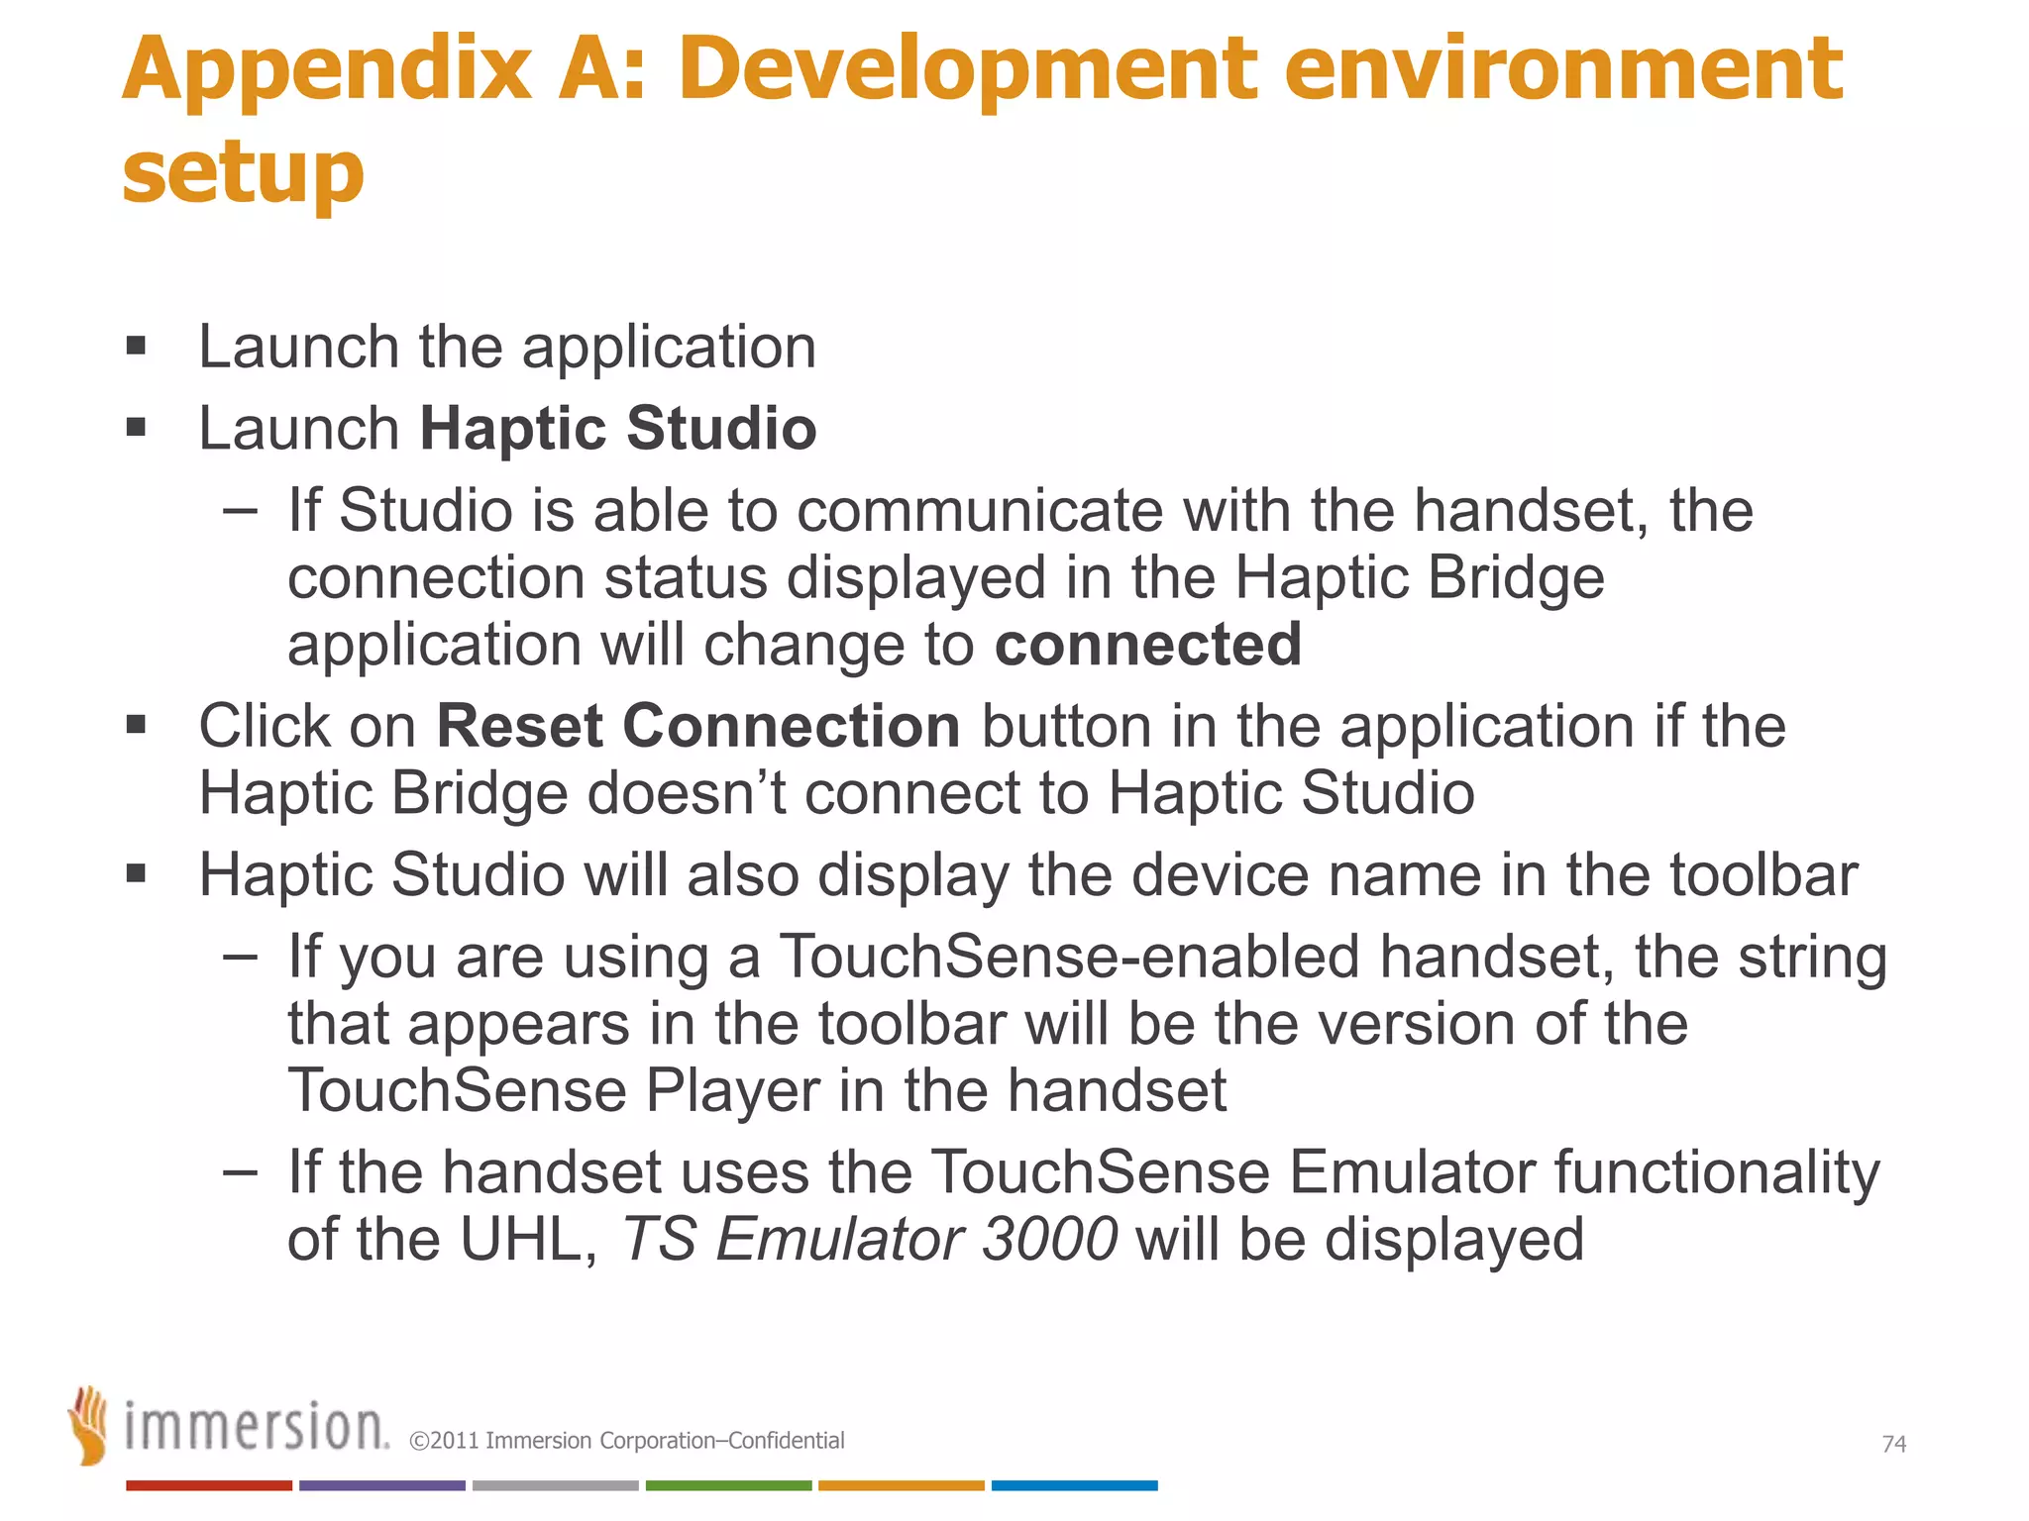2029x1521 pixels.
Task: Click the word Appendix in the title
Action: [x=327, y=71]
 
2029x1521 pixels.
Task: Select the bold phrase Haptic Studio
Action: [x=618, y=428]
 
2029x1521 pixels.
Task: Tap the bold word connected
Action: [x=1147, y=645]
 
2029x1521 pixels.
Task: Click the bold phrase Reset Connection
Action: [x=698, y=726]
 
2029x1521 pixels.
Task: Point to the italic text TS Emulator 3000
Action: [x=869, y=1239]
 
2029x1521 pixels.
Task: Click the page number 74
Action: [x=1893, y=1444]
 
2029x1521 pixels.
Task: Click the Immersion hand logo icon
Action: [x=89, y=1425]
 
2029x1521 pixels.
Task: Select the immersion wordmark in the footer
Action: [x=256, y=1427]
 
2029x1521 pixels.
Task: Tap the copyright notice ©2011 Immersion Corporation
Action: [x=626, y=1441]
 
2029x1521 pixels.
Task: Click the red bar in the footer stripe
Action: [x=209, y=1485]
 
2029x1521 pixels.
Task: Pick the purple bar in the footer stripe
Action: [x=381, y=1485]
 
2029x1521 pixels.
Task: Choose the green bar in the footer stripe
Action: [x=728, y=1485]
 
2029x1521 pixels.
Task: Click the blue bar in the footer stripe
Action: [x=1074, y=1485]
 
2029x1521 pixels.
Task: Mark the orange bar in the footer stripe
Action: [x=901, y=1485]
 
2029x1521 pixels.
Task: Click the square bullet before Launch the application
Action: [x=137, y=347]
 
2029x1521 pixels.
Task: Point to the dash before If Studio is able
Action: [x=240, y=511]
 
